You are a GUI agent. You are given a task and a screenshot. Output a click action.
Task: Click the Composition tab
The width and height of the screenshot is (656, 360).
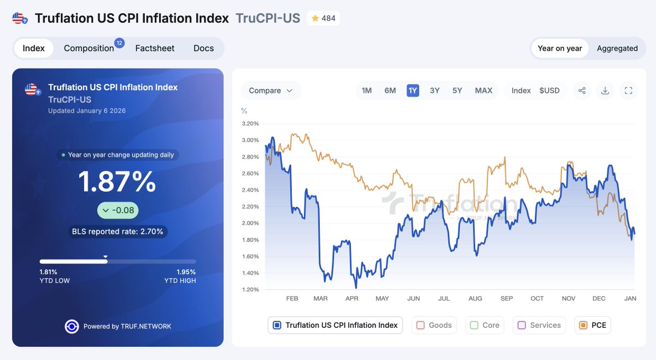[89, 48]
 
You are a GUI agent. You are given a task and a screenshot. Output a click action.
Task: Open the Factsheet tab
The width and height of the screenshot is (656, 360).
[155, 48]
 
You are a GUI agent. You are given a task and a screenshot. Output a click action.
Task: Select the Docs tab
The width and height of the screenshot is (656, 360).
[203, 48]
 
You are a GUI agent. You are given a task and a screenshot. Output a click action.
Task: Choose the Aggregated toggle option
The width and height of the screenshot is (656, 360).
[617, 48]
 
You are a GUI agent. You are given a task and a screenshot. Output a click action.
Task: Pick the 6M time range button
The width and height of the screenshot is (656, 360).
[390, 91]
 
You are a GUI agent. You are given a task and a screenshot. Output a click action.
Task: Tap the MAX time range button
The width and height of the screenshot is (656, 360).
[483, 91]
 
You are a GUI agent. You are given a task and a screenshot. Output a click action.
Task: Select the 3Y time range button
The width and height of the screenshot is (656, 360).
[435, 91]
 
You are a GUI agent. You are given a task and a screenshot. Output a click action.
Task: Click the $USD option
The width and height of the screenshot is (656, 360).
[549, 91]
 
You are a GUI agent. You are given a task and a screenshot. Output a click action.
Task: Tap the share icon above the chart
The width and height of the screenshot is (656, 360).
[582, 91]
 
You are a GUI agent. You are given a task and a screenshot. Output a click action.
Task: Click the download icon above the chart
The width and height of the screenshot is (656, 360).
[605, 91]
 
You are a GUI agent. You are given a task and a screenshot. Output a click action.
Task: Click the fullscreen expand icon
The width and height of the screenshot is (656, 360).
[628, 91]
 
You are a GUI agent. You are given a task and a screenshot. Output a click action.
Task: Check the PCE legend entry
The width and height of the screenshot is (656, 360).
[593, 325]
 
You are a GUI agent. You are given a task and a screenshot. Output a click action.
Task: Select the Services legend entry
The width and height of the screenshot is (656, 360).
[539, 325]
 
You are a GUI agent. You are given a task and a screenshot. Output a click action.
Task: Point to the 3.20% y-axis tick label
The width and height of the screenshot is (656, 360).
[250, 123]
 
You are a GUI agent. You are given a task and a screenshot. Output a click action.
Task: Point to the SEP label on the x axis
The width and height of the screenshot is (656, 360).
[507, 298]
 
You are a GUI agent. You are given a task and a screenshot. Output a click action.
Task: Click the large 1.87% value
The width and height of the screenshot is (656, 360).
[117, 182]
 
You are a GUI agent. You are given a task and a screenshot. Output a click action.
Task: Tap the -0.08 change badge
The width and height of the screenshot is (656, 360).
[118, 210]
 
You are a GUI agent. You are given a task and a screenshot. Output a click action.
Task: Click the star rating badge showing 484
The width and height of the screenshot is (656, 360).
[323, 18]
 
